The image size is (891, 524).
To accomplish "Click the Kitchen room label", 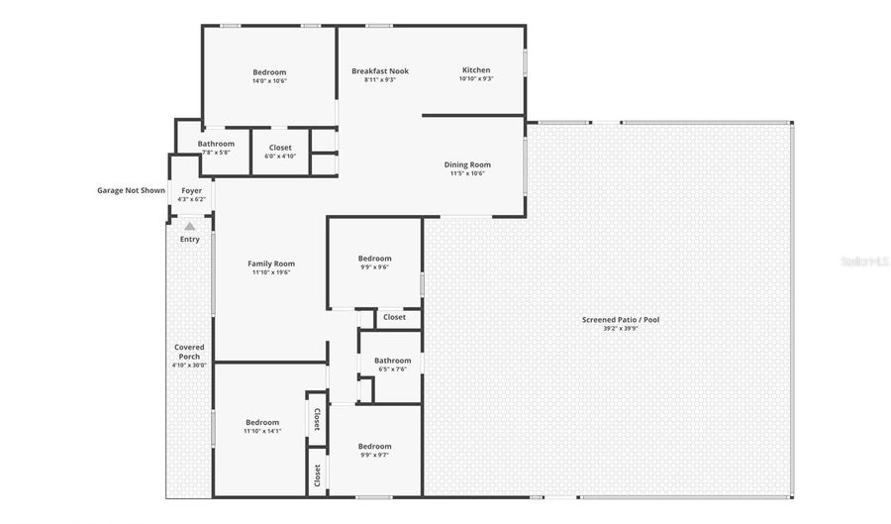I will click(x=476, y=70).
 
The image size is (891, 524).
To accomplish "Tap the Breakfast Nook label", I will click(x=380, y=71).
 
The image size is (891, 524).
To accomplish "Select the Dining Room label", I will click(x=467, y=165).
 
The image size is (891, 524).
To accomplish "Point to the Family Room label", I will click(x=271, y=263).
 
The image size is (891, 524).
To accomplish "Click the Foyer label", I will click(x=191, y=190).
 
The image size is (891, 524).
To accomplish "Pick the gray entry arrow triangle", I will click(x=189, y=227).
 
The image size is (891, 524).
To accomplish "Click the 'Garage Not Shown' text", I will click(x=131, y=190).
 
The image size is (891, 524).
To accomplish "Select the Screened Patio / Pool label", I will click(x=621, y=320).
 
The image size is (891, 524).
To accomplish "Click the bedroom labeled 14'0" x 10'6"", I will click(x=269, y=72).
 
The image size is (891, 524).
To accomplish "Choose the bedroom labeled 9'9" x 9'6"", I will click(x=374, y=259).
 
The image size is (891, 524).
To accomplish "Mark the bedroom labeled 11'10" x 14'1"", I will click(x=262, y=422).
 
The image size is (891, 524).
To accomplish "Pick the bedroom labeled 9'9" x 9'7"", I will click(x=374, y=446).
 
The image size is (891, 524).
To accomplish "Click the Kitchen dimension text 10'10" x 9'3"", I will click(x=476, y=80).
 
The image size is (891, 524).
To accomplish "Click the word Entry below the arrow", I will click(x=189, y=239).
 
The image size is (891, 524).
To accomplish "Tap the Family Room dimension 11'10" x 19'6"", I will click(x=271, y=272).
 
